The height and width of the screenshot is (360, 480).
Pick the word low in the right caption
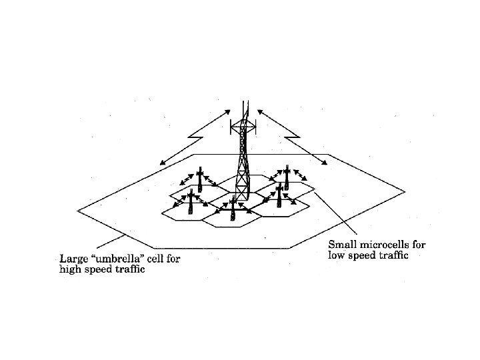[335, 255]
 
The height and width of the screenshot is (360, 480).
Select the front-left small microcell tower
[191, 203]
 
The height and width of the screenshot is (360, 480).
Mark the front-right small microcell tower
[279, 196]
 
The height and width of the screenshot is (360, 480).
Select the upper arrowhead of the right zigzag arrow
[258, 112]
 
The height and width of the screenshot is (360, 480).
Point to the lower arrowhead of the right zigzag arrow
[325, 163]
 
